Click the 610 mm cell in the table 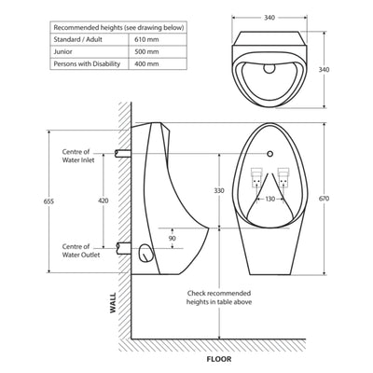pos(147,39)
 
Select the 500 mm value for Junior pos(147,52)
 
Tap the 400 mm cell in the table pos(147,64)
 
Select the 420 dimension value pos(104,200)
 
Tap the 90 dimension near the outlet pos(171,239)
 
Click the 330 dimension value pos(219,190)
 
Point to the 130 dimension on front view pos(269,200)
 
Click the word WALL pos(113,305)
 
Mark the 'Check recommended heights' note pos(219,297)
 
